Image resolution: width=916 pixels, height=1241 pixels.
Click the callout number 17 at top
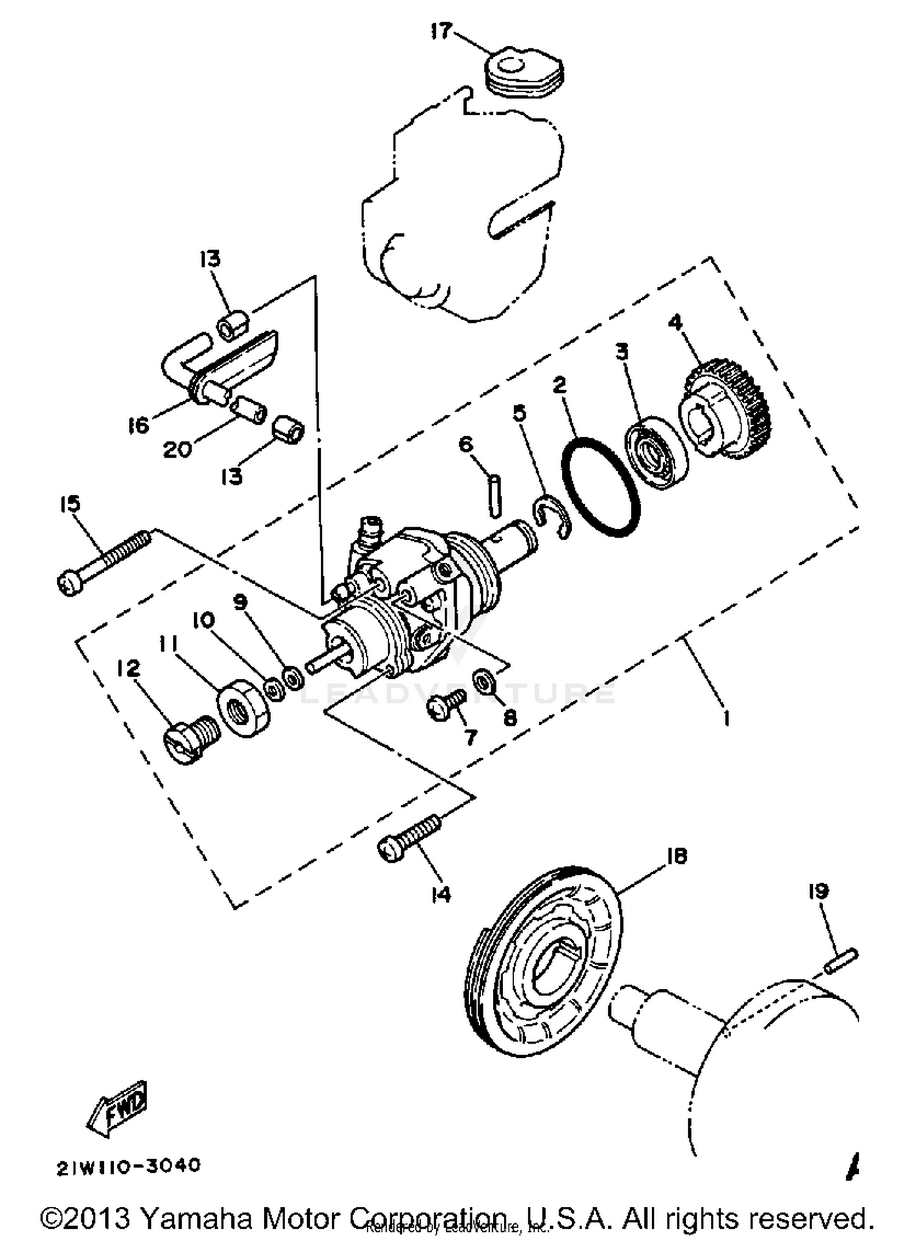pos(442,31)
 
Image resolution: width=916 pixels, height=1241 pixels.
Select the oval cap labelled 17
pos(524,74)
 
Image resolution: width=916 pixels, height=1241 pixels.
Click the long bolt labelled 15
pos(104,562)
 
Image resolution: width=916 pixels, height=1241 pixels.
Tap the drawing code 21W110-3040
pos(128,1167)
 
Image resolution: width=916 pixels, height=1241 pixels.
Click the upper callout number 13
pos(209,259)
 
